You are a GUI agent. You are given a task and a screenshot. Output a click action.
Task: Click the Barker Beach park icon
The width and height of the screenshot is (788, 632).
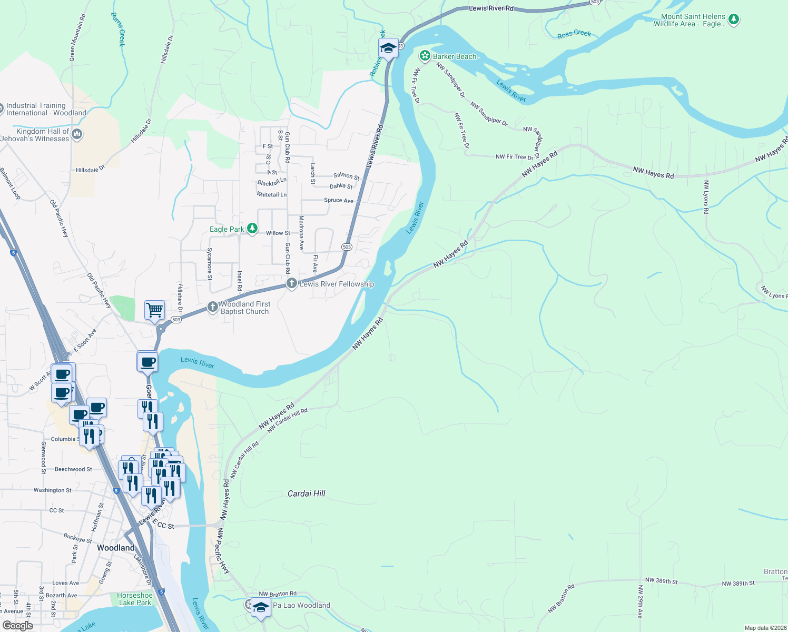click(x=425, y=56)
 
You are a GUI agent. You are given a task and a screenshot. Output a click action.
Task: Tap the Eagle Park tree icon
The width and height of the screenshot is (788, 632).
click(x=253, y=229)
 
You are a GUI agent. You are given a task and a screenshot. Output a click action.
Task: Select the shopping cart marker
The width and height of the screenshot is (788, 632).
click(x=154, y=310)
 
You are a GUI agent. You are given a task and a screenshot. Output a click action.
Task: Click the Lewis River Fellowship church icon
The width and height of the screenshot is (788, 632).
click(x=292, y=284)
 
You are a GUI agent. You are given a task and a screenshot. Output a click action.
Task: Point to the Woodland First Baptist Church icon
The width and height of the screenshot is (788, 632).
click(x=212, y=307)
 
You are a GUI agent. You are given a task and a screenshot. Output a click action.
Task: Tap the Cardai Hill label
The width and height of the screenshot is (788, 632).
click(x=306, y=493)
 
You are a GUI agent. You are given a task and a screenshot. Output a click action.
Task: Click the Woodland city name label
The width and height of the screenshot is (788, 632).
click(x=115, y=548)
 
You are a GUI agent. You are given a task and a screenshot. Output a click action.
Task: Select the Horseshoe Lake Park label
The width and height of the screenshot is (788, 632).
click(x=135, y=599)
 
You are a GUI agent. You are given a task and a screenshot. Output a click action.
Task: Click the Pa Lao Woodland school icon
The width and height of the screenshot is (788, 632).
click(x=261, y=607)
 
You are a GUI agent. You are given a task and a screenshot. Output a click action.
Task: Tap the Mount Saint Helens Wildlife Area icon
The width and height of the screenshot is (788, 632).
click(x=734, y=20)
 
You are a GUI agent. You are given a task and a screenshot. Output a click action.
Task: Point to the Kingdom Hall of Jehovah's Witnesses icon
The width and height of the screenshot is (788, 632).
click(x=77, y=134)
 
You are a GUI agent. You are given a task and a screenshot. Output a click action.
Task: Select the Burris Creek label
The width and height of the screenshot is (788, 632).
click(x=118, y=29)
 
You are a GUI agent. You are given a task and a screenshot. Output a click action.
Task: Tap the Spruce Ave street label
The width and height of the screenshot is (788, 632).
click(x=339, y=201)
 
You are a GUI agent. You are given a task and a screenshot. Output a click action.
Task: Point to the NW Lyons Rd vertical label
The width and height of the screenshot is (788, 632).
click(x=706, y=197)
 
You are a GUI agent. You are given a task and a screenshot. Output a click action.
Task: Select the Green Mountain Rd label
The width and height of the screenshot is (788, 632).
click(x=77, y=37)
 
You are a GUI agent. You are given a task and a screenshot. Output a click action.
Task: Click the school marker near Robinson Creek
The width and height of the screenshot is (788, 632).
click(x=388, y=48)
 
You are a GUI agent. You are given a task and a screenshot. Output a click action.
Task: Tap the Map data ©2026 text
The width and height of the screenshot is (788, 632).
click(x=765, y=628)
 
